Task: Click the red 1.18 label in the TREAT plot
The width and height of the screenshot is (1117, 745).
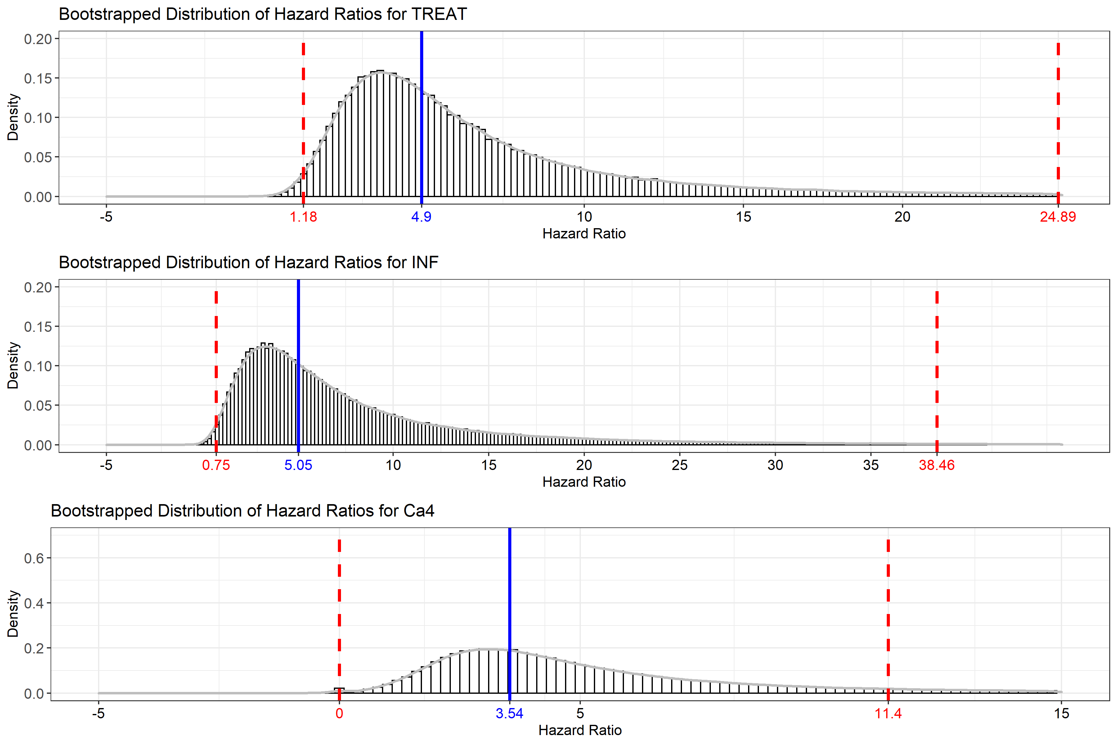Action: [x=303, y=217]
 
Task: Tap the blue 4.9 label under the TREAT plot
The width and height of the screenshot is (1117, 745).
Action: [x=421, y=217]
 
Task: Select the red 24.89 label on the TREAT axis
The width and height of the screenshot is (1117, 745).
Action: [x=1058, y=217]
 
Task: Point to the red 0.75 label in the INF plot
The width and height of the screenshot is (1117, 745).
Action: [x=216, y=465]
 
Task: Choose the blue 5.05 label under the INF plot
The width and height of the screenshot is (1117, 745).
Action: [x=298, y=465]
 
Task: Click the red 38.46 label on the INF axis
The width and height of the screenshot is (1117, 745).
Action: [x=936, y=465]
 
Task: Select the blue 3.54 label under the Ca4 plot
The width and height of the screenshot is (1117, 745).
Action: [x=509, y=714]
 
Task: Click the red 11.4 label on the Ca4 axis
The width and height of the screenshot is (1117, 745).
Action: [x=888, y=714]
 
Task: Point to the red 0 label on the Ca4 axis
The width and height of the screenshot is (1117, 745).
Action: [x=339, y=714]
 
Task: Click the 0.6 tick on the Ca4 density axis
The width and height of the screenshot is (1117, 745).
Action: [x=34, y=558]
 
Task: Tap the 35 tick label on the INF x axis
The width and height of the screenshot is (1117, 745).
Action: [x=871, y=465]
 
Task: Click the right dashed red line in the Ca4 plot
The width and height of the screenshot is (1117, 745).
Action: [x=888, y=618]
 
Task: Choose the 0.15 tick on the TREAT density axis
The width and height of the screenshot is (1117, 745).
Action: [x=38, y=79]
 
